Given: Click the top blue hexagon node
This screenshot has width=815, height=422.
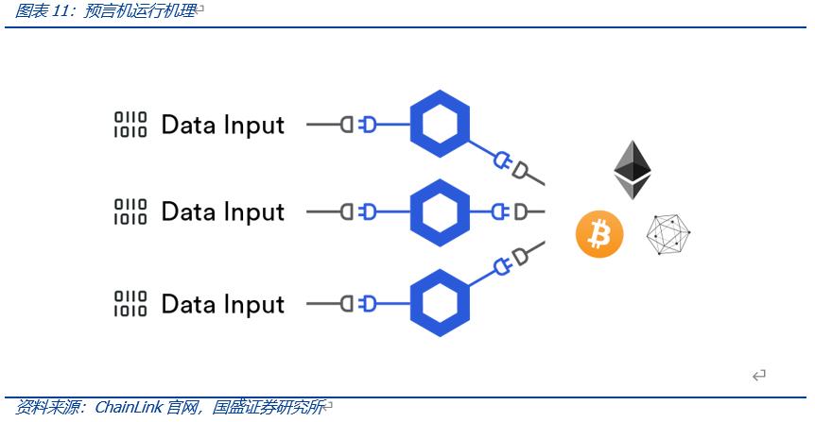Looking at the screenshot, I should pos(441,124).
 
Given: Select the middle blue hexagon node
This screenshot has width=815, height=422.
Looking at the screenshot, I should pos(441,211).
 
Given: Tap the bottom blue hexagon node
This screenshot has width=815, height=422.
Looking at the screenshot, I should pos(441,303).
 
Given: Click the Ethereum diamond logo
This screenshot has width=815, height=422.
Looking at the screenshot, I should pos(633,170).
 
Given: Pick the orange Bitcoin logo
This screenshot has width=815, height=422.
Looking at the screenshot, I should pos(600,234).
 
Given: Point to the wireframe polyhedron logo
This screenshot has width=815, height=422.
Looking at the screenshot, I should pos(668,235).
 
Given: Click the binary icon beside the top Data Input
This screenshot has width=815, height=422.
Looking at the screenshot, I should pos(130,125).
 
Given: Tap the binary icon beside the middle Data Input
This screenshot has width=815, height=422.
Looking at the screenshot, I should pos(130,211).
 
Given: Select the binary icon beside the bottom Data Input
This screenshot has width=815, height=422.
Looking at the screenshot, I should pos(130,304).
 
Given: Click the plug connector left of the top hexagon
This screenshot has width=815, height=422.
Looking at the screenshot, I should pos(358,124).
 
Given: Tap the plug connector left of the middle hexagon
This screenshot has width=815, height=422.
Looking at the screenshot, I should pos(358,211).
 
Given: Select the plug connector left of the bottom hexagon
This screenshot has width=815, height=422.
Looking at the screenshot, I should pos(358,303).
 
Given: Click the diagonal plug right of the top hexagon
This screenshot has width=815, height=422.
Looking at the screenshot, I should pos(512,165).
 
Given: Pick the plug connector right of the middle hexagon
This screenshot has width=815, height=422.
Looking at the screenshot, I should pos(512,211).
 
